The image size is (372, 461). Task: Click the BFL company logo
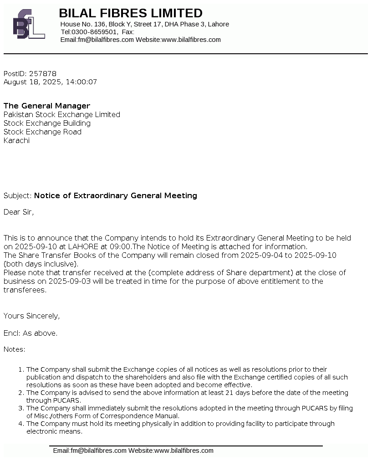pyautogui.click(x=29, y=24)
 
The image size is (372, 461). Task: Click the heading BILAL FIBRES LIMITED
pyautogui.click(x=131, y=13)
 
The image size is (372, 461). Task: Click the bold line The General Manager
pyautogui.click(x=47, y=106)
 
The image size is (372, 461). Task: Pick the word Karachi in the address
pyautogui.click(x=16, y=140)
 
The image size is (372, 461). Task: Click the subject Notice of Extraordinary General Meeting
pyautogui.click(x=116, y=195)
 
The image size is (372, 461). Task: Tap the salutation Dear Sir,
pyautogui.click(x=19, y=212)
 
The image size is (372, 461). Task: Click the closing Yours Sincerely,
pyautogui.click(x=32, y=316)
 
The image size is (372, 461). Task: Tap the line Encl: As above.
pyautogui.click(x=31, y=333)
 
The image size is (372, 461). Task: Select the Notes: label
pyautogui.click(x=15, y=349)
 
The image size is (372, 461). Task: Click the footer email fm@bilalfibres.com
pyautogui.click(x=98, y=451)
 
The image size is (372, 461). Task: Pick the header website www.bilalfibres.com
pyautogui.click(x=191, y=40)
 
